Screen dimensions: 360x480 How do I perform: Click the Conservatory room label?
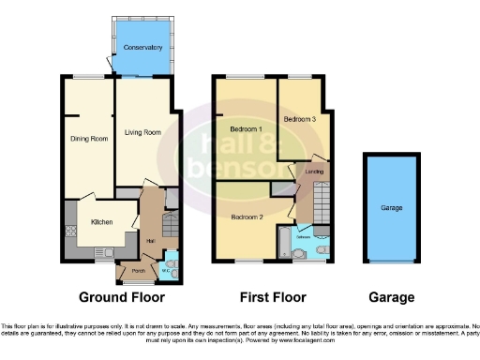click(x=142, y=46)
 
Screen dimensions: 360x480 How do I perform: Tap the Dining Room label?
click(x=89, y=139)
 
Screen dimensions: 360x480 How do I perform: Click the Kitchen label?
click(x=102, y=222)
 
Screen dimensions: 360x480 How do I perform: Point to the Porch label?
click(x=138, y=272)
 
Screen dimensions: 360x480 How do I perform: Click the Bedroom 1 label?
click(x=247, y=128)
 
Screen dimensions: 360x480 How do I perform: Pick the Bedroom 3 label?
click(x=301, y=119)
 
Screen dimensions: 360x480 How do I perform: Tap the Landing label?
click(x=314, y=172)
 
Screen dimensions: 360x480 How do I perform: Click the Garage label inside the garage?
click(x=391, y=207)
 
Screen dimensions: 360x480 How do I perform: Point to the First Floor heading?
click(x=272, y=298)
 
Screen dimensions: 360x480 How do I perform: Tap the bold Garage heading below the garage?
click(x=391, y=298)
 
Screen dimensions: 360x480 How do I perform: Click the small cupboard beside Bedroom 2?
click(x=279, y=188)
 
